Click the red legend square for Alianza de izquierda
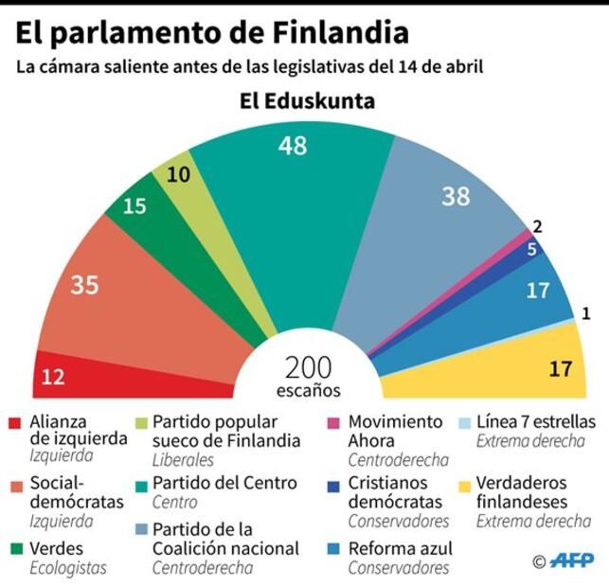pos(14,423)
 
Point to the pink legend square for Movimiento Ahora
pos(333,423)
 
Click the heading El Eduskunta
pos(307,101)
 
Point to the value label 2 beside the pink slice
pos(537,226)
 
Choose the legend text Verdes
pos(56,548)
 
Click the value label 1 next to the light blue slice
pos(586,313)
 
